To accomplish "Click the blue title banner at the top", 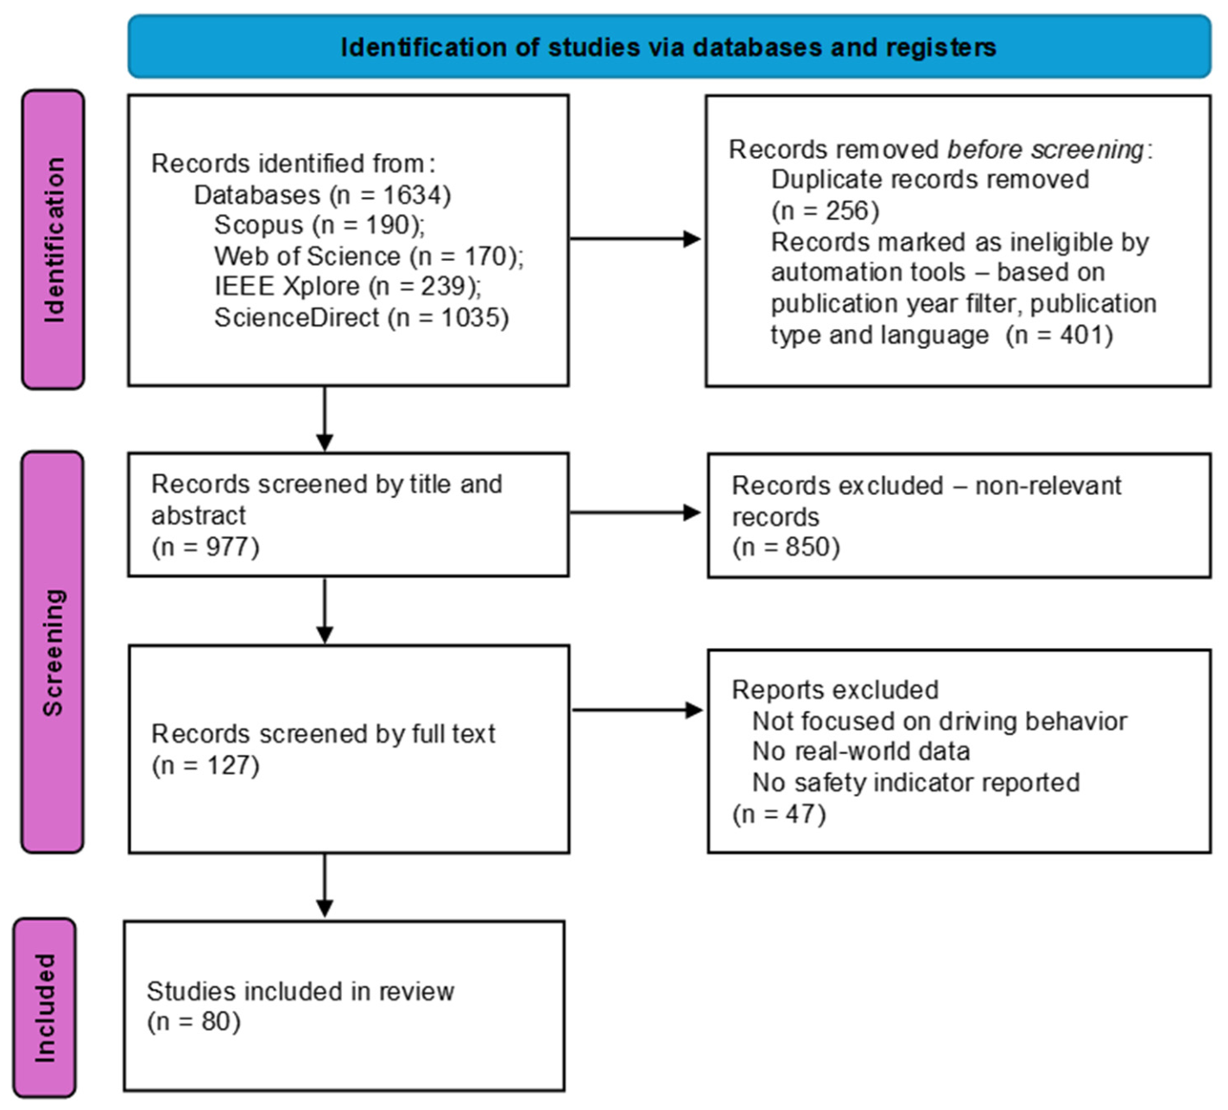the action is click(669, 47).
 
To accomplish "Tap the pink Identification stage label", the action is click(54, 239).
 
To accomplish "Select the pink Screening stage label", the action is click(53, 652).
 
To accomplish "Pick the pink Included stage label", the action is click(45, 1007).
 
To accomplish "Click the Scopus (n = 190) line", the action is click(320, 225).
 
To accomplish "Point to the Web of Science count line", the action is click(369, 256).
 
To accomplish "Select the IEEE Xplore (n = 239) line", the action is click(348, 286).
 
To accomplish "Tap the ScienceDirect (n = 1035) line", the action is click(362, 317).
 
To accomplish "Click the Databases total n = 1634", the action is click(390, 195).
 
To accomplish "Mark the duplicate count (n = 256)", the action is click(826, 211).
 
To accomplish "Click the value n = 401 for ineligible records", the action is click(1060, 335).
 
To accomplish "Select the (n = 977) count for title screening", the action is click(206, 547).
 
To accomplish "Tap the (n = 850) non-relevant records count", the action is click(786, 547).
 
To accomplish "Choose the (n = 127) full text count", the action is click(206, 765).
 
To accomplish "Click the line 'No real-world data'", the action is click(861, 752).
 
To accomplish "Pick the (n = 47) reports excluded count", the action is click(779, 814).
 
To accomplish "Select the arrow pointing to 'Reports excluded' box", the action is click(637, 710).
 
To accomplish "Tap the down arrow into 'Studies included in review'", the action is click(325, 885).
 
